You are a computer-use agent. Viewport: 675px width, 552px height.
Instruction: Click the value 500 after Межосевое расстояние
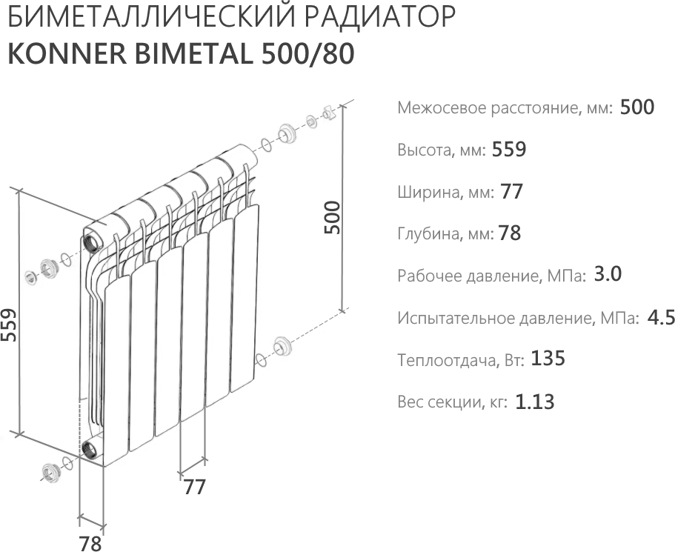[636, 107]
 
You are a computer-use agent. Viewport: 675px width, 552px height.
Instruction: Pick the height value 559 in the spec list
[508, 150]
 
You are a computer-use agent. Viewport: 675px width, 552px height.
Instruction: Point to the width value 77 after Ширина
[511, 192]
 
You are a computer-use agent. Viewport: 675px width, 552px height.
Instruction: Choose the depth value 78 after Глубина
[510, 234]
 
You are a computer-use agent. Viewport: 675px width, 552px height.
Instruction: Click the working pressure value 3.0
[607, 275]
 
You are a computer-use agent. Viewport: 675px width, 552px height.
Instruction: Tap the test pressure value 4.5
[660, 318]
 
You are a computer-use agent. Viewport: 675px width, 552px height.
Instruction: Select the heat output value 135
[548, 359]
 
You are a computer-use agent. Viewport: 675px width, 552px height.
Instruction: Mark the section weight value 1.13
[534, 402]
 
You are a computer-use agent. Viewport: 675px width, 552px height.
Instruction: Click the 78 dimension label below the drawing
[90, 543]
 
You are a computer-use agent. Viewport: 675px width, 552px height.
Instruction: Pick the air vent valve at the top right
[328, 114]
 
